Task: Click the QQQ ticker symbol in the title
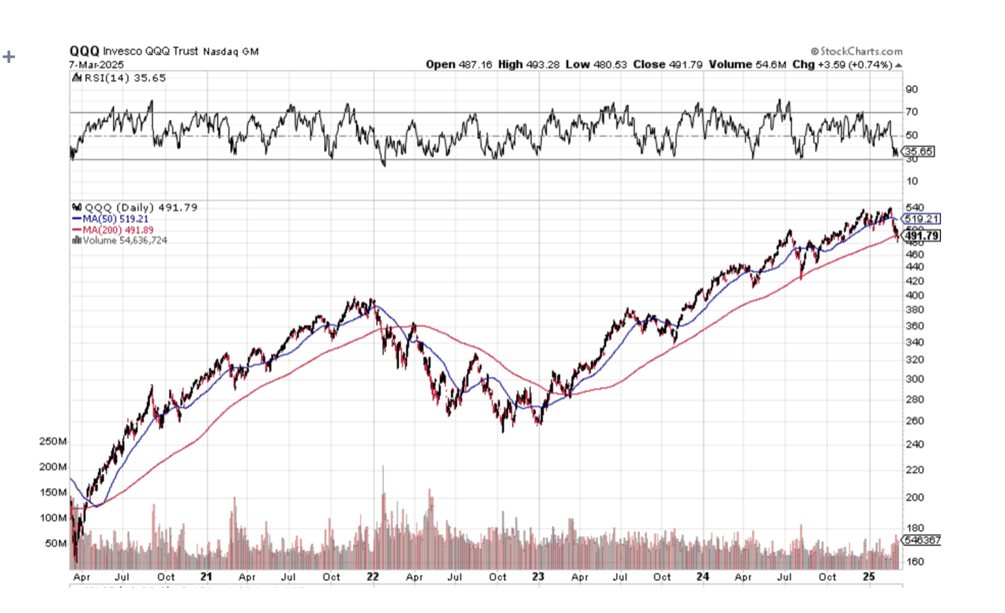coord(85,51)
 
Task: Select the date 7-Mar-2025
coord(92,64)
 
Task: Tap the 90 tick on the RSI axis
coord(912,90)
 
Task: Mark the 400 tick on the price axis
coord(915,295)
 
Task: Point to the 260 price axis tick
coord(915,421)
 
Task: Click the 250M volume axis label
coord(53,442)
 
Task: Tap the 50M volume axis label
coord(55,543)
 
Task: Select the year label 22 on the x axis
coord(373,577)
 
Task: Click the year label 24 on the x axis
coord(703,577)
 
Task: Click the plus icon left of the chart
coord(9,57)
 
